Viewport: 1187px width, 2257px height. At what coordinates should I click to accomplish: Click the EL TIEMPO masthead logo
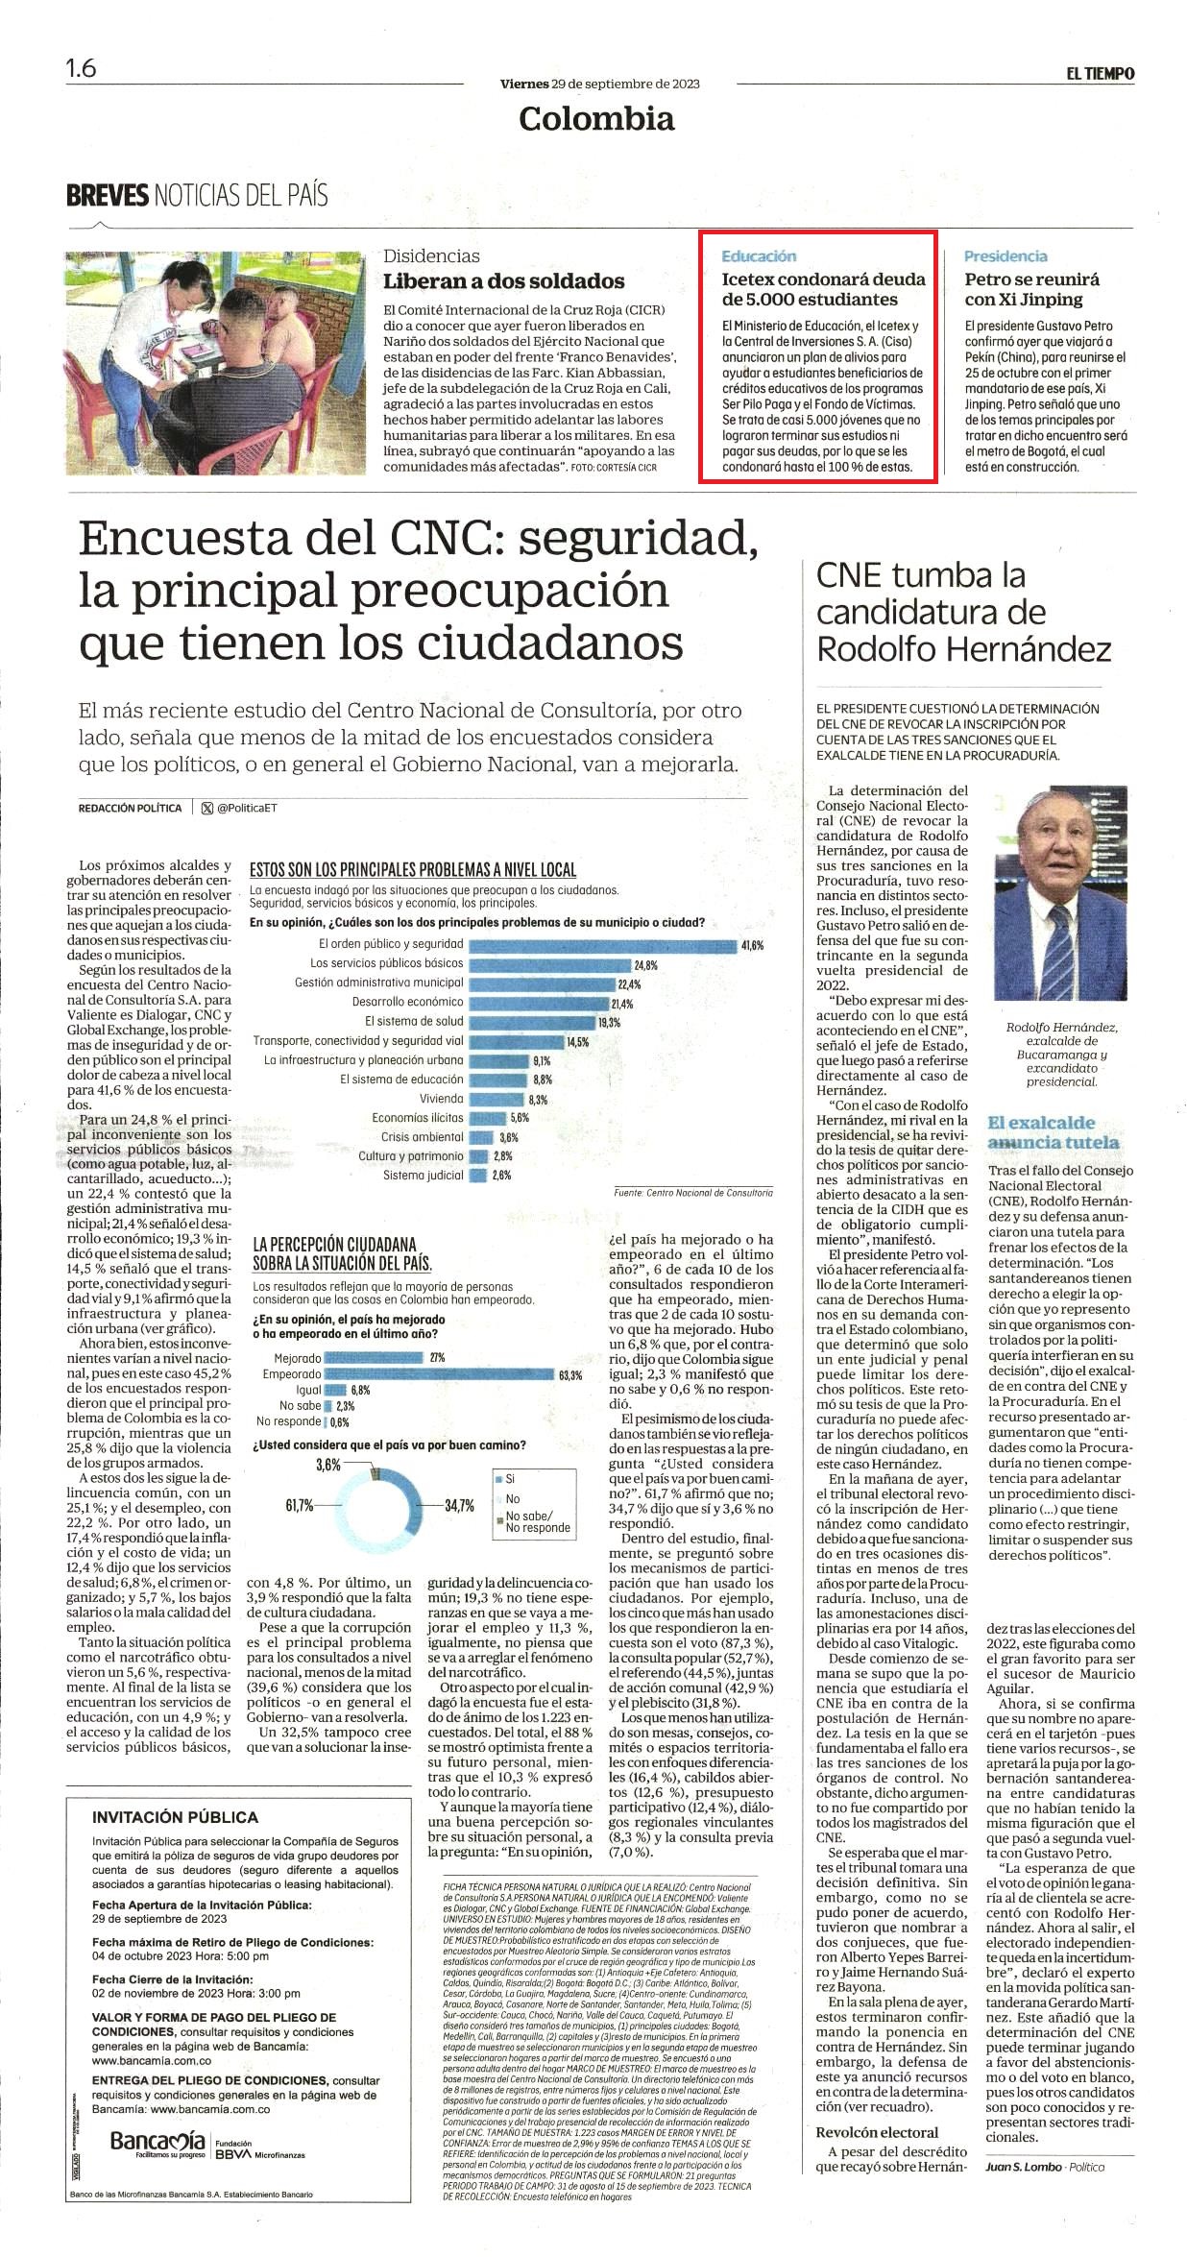pyautogui.click(x=1100, y=73)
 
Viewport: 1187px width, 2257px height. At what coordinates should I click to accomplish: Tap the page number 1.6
pyautogui.click(x=81, y=69)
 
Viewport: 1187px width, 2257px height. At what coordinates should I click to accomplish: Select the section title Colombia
pyautogui.click(x=596, y=119)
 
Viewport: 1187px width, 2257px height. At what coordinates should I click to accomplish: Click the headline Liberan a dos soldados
pyautogui.click(x=504, y=281)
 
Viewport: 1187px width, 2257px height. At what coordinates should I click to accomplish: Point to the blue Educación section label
pyautogui.click(x=759, y=256)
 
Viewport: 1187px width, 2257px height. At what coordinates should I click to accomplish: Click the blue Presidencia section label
pyautogui.click(x=1005, y=256)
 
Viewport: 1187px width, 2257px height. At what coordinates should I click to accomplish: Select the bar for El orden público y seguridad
pyautogui.click(x=602, y=945)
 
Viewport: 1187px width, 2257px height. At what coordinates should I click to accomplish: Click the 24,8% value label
pyautogui.click(x=645, y=964)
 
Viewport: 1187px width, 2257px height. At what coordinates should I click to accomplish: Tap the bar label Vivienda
pyautogui.click(x=442, y=1099)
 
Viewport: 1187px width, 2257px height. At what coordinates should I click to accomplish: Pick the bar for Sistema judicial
pyautogui.click(x=478, y=1176)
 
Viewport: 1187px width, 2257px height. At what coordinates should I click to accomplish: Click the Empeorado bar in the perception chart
pyautogui.click(x=440, y=1374)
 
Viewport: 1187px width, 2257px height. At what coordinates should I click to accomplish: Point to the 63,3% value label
pyautogui.click(x=570, y=1375)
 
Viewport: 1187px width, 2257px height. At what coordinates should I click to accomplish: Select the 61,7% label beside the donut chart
pyautogui.click(x=299, y=1505)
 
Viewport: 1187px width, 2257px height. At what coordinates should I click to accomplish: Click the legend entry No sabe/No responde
pyautogui.click(x=536, y=1521)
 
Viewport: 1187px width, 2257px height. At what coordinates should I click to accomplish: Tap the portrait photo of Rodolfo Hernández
pyautogui.click(x=1060, y=893)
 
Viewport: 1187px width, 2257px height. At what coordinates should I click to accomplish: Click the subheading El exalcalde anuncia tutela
pyautogui.click(x=1054, y=1132)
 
